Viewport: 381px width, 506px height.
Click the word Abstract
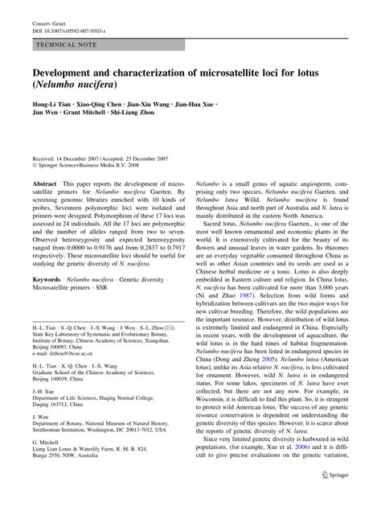pyautogui.click(x=44, y=184)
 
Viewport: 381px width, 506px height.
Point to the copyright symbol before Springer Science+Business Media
pyautogui.click(x=35, y=166)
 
